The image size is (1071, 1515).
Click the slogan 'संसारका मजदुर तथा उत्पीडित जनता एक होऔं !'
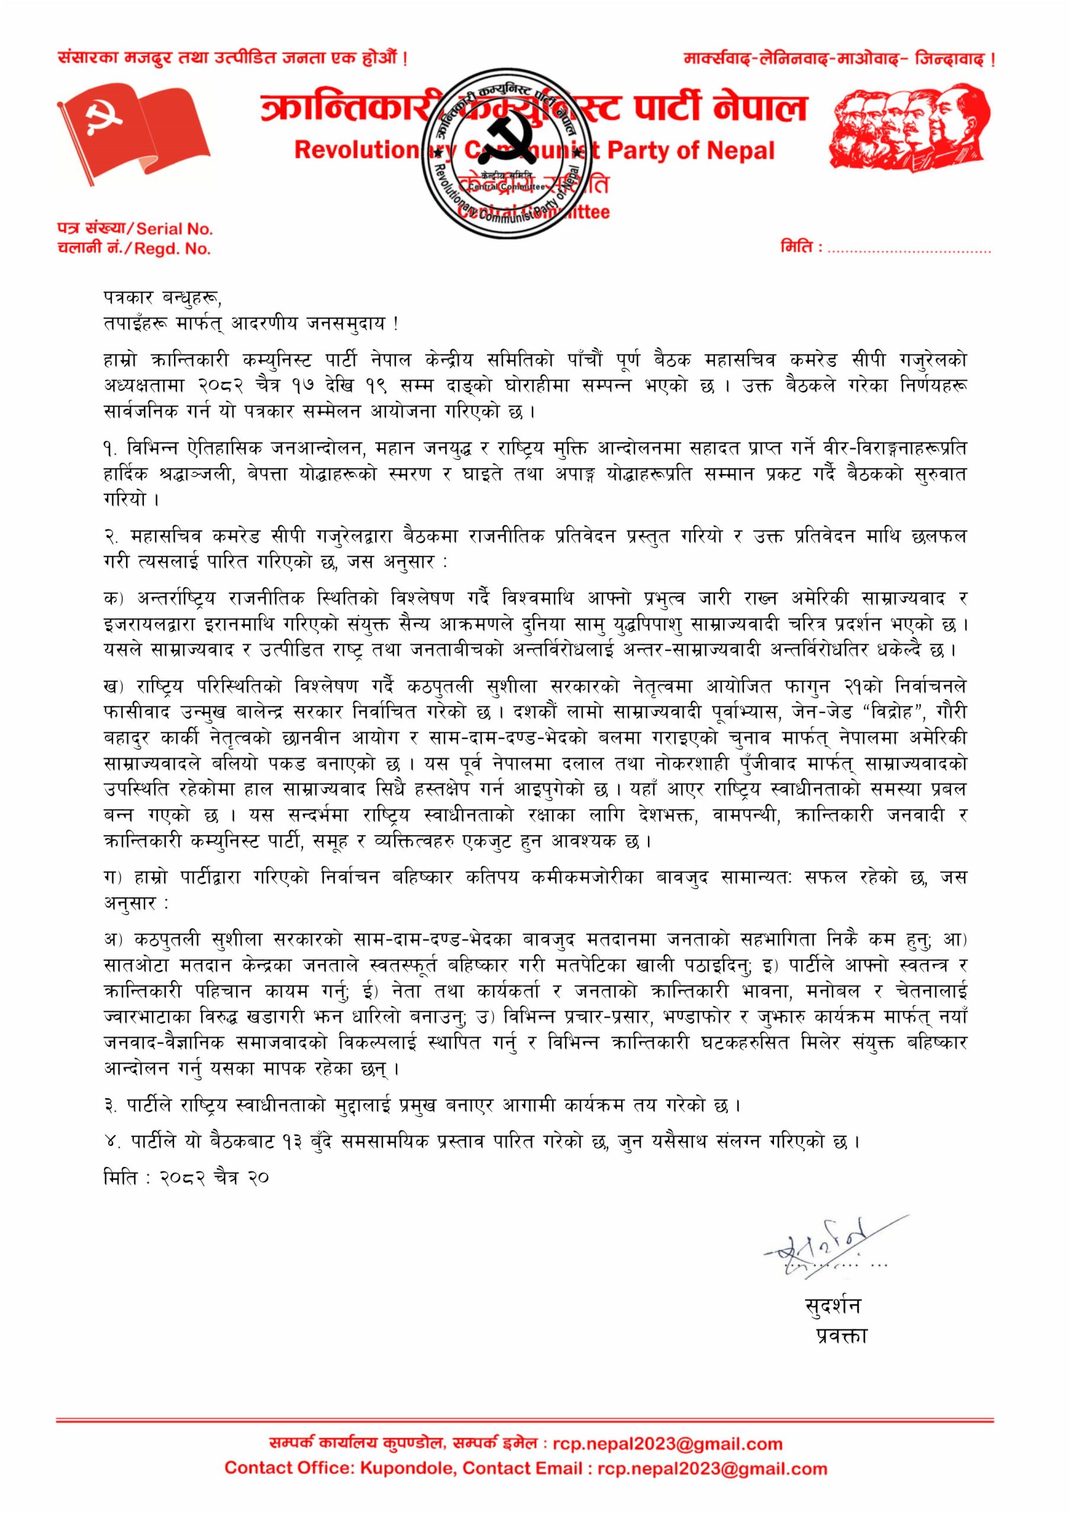tap(233, 59)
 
